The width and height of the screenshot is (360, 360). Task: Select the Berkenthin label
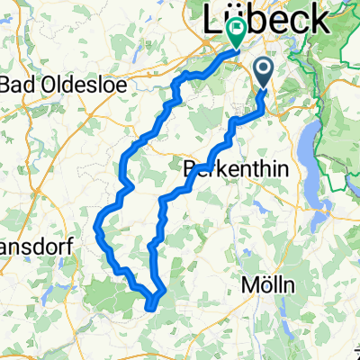click(225, 167)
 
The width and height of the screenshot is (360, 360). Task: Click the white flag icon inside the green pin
click(237, 29)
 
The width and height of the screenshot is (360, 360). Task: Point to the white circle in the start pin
click(265, 67)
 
